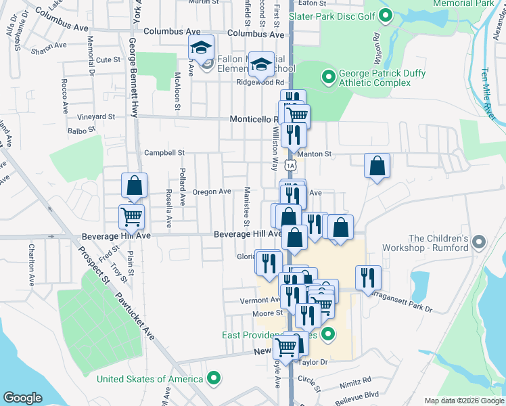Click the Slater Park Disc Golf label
331,16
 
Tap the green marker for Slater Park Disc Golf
386,15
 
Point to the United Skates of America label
150,379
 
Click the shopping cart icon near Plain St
131,217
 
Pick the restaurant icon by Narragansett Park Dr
367,277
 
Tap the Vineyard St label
95,117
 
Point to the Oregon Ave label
212,192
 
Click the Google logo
22,398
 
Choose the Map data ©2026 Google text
463,401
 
